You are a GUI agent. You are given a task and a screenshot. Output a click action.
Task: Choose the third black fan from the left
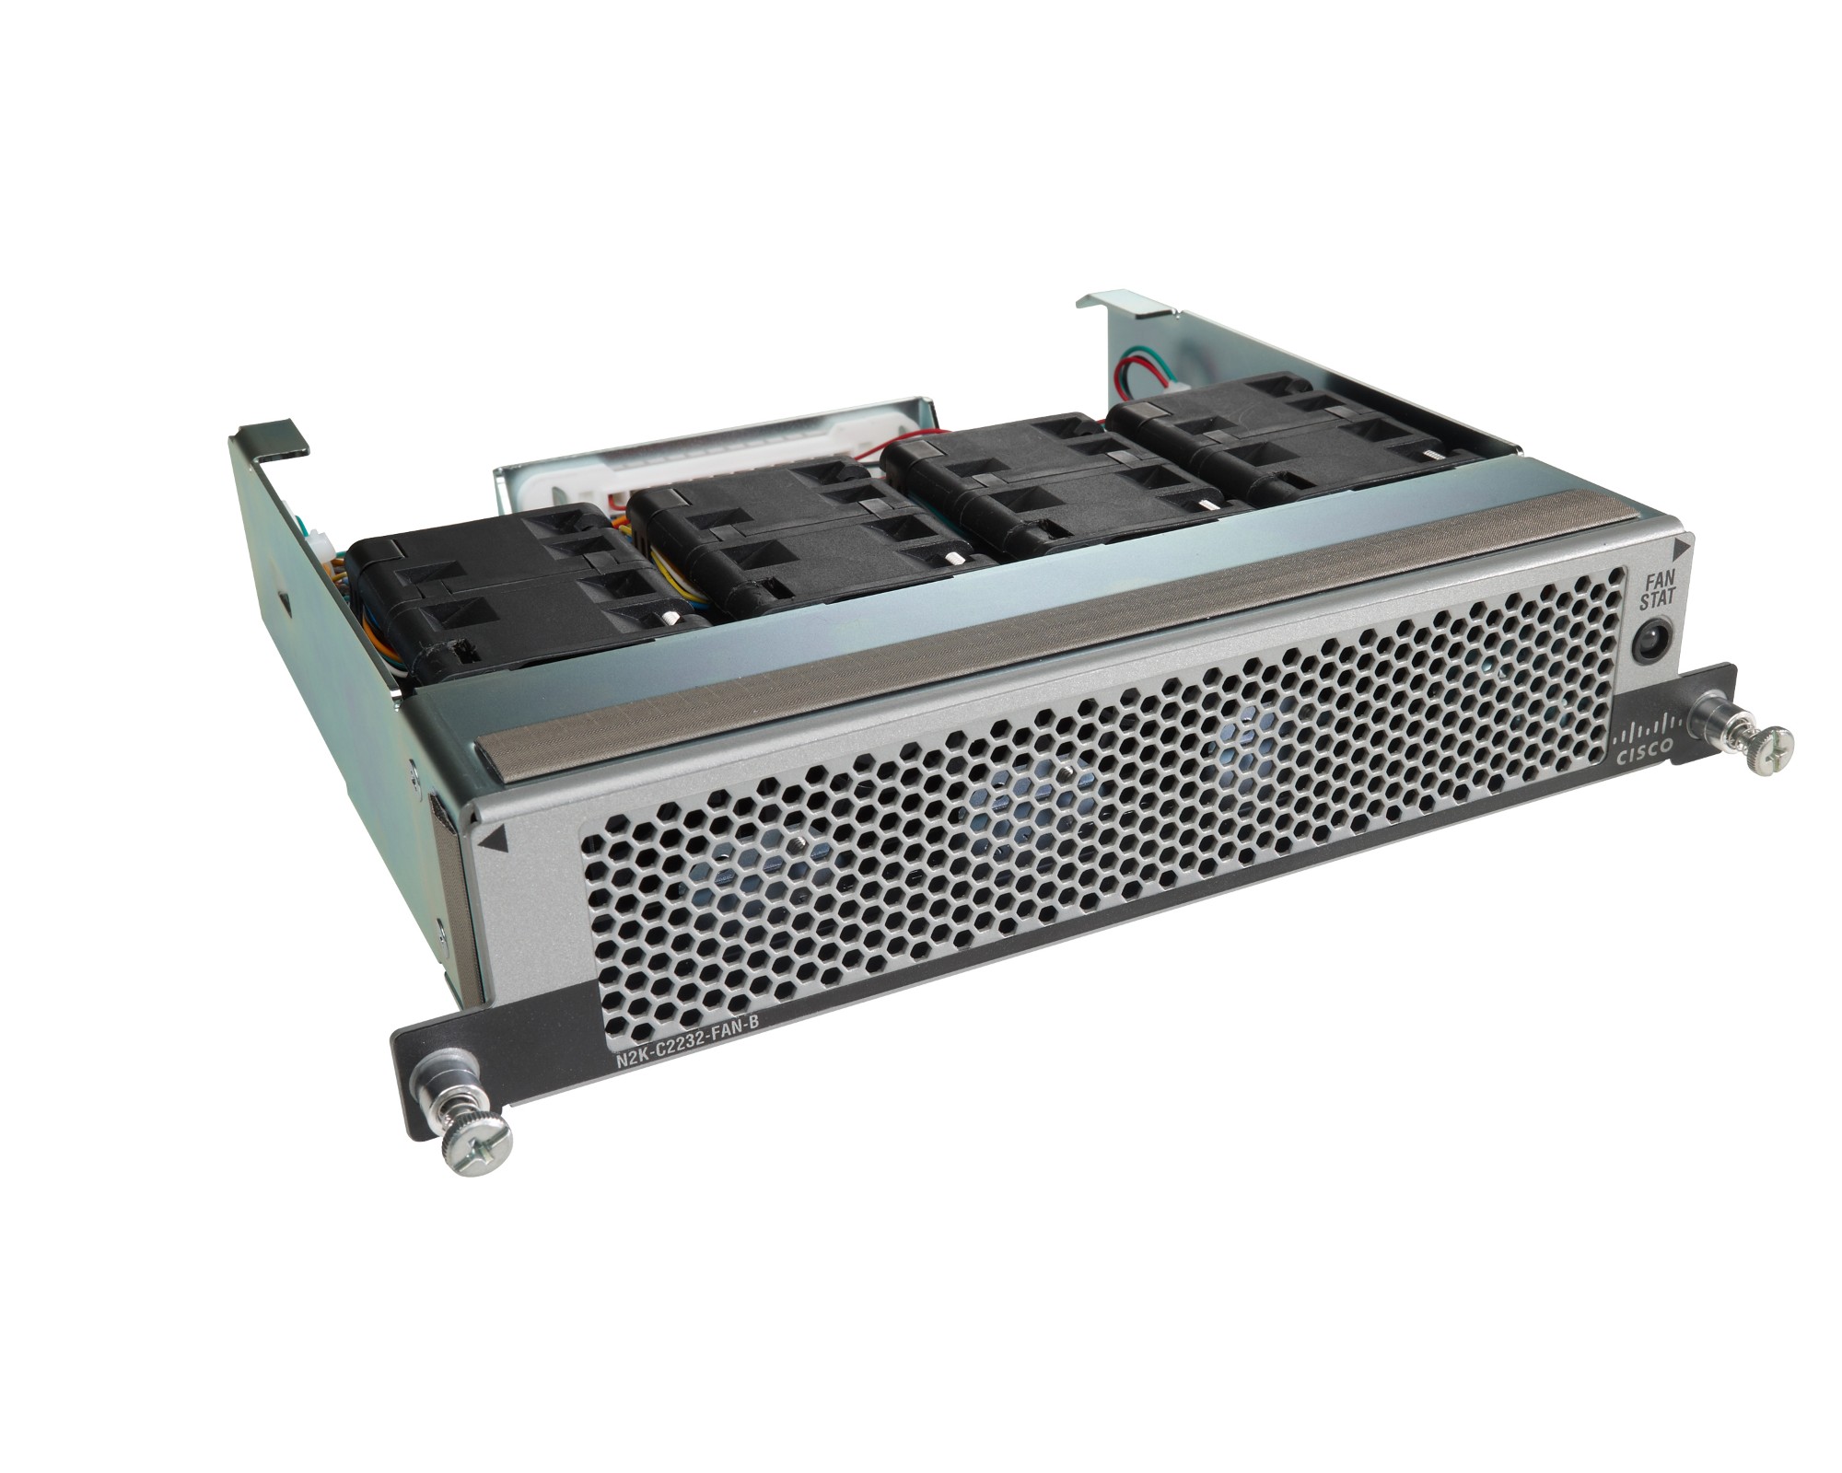pos(1032,497)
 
